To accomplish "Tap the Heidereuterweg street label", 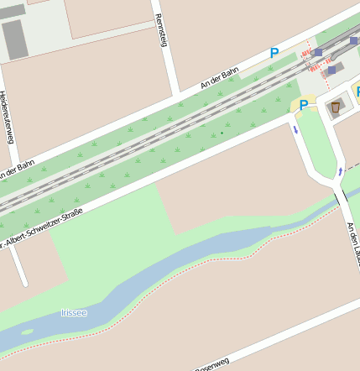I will coord(7,117).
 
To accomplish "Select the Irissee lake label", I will coord(74,312).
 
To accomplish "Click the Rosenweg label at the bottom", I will coord(212,364).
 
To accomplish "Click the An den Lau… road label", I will coord(353,244).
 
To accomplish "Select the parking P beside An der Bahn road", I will coord(274,53).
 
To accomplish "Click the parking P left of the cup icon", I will coord(303,105).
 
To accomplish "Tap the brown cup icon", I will coord(336,107).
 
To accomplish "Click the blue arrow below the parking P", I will coord(295,129).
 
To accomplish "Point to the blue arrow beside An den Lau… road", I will coord(340,171).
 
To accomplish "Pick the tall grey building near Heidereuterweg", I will coord(14,39).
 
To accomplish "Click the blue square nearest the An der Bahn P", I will coord(318,52).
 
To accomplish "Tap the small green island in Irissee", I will coord(28,332).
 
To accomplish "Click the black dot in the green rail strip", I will coord(222,133).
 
